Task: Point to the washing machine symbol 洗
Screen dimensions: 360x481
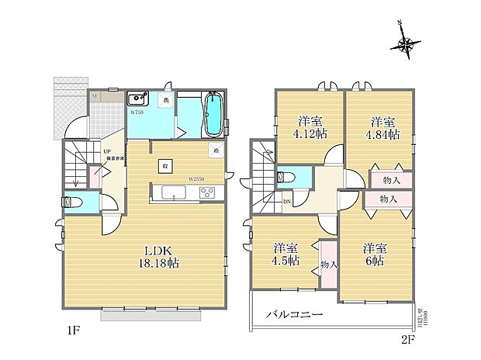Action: click(x=165, y=99)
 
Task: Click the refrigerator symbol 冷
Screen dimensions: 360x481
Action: click(x=215, y=151)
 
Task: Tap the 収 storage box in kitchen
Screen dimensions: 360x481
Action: click(x=165, y=165)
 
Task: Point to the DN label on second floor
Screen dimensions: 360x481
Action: click(x=265, y=202)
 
